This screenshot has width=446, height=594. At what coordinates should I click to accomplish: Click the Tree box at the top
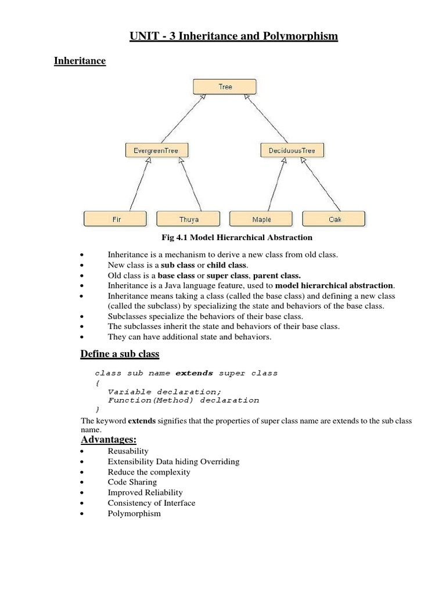225,87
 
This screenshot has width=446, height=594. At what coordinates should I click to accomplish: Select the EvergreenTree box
152,151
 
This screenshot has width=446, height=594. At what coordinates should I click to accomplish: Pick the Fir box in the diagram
116,219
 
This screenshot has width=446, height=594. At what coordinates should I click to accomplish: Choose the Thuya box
189,219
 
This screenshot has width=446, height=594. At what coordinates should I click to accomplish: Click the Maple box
261,219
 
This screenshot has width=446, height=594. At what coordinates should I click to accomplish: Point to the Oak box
334,219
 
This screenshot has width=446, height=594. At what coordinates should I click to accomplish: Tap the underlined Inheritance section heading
80,60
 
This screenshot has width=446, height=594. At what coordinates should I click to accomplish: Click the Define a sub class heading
119,354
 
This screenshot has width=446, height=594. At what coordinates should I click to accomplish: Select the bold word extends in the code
194,373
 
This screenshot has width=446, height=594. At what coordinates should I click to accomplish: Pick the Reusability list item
128,451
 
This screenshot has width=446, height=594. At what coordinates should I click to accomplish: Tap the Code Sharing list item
132,482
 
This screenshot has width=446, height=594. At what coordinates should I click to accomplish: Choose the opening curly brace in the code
97,383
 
